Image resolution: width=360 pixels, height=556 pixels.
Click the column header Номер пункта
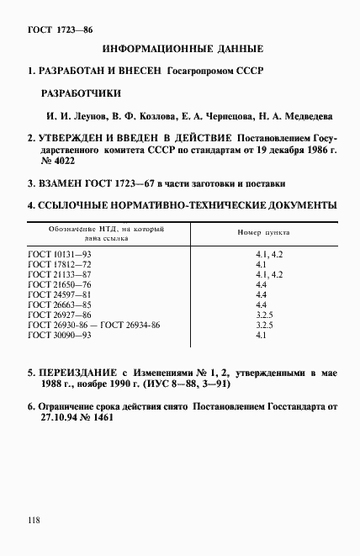pyautogui.click(x=260, y=229)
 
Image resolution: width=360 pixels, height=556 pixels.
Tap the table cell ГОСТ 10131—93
pyautogui.click(x=58, y=252)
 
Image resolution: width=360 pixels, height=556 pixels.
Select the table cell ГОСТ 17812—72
pyautogui.click(x=58, y=263)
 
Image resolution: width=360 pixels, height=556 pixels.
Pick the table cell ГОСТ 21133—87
pyautogui.click(x=58, y=274)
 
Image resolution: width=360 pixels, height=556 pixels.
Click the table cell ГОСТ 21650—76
pyautogui.click(x=58, y=285)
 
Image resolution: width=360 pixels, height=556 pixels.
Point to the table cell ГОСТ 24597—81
pyautogui.click(x=58, y=296)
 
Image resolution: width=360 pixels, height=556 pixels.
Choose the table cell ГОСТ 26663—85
pyautogui.click(x=58, y=306)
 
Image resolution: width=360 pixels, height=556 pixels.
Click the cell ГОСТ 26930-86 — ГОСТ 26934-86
pyautogui.click(x=93, y=325)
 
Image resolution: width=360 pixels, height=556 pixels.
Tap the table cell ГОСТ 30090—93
pyautogui.click(x=58, y=335)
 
